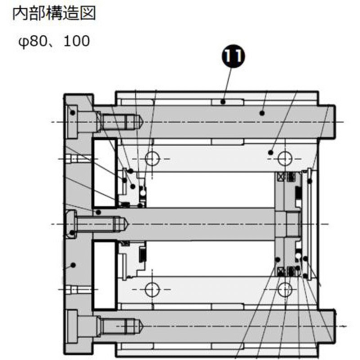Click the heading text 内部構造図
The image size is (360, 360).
click(54, 13)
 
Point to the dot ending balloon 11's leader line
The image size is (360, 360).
click(223, 102)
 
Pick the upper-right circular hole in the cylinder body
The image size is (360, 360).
click(284, 158)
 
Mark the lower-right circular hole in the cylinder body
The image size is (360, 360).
click(284, 289)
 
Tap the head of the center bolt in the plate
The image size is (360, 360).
click(72, 224)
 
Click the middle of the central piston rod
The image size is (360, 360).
click(202, 224)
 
